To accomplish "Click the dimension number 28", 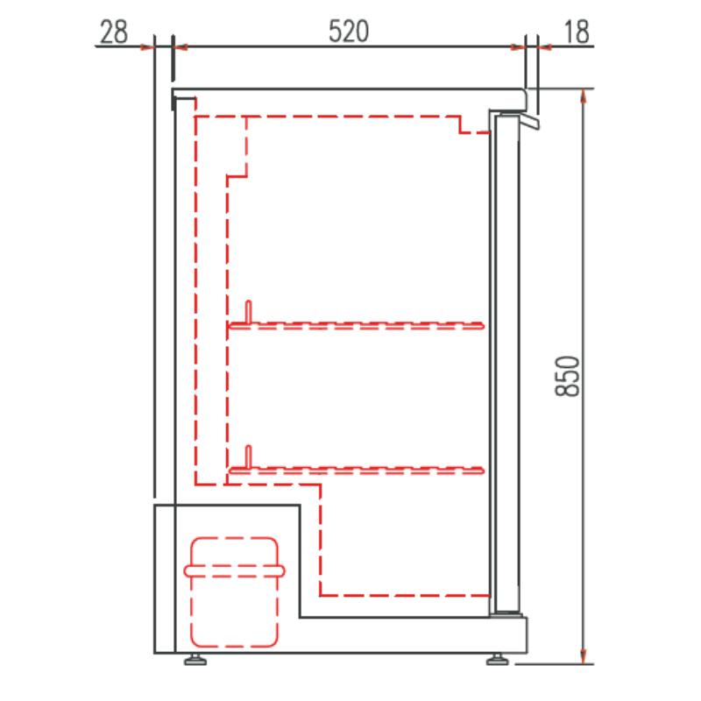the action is coord(114,32).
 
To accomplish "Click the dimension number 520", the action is coord(349,32).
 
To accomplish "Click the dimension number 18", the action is coord(577,32).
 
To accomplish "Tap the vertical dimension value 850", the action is coord(567,376).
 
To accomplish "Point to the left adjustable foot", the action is coord(195,660).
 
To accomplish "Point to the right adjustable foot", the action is coord(497,660).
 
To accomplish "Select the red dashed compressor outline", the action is coord(234,592).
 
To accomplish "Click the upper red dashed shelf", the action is coord(357,325).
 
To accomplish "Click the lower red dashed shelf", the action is coord(357,471).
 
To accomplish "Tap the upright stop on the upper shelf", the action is coord(249,311).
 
